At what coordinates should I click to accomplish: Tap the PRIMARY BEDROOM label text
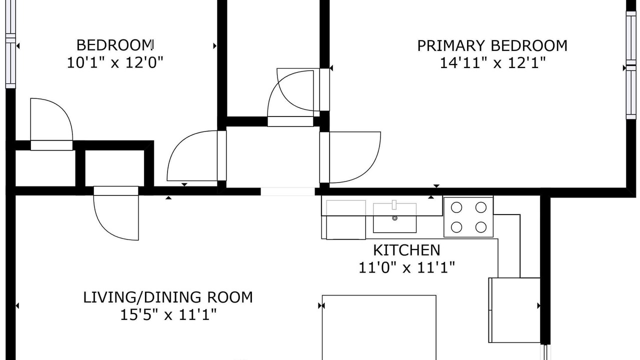(x=492, y=45)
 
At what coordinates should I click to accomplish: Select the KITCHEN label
(x=406, y=250)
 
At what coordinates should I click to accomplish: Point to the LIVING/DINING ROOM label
(x=168, y=297)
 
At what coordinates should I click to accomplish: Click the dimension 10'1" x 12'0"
(x=115, y=62)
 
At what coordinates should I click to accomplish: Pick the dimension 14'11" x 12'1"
(x=492, y=63)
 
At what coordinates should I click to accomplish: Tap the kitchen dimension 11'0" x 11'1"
(x=406, y=267)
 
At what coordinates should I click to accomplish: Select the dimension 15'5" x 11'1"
(x=168, y=315)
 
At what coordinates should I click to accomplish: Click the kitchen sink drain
(x=395, y=218)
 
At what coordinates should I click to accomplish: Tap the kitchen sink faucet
(x=394, y=205)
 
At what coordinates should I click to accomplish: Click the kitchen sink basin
(x=394, y=218)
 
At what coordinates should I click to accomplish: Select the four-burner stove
(x=468, y=217)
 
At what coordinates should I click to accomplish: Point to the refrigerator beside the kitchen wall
(x=514, y=310)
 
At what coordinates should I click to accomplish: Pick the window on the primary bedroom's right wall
(x=631, y=65)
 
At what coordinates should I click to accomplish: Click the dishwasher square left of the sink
(x=345, y=219)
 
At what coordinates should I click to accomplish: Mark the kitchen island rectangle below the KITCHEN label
(x=379, y=327)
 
